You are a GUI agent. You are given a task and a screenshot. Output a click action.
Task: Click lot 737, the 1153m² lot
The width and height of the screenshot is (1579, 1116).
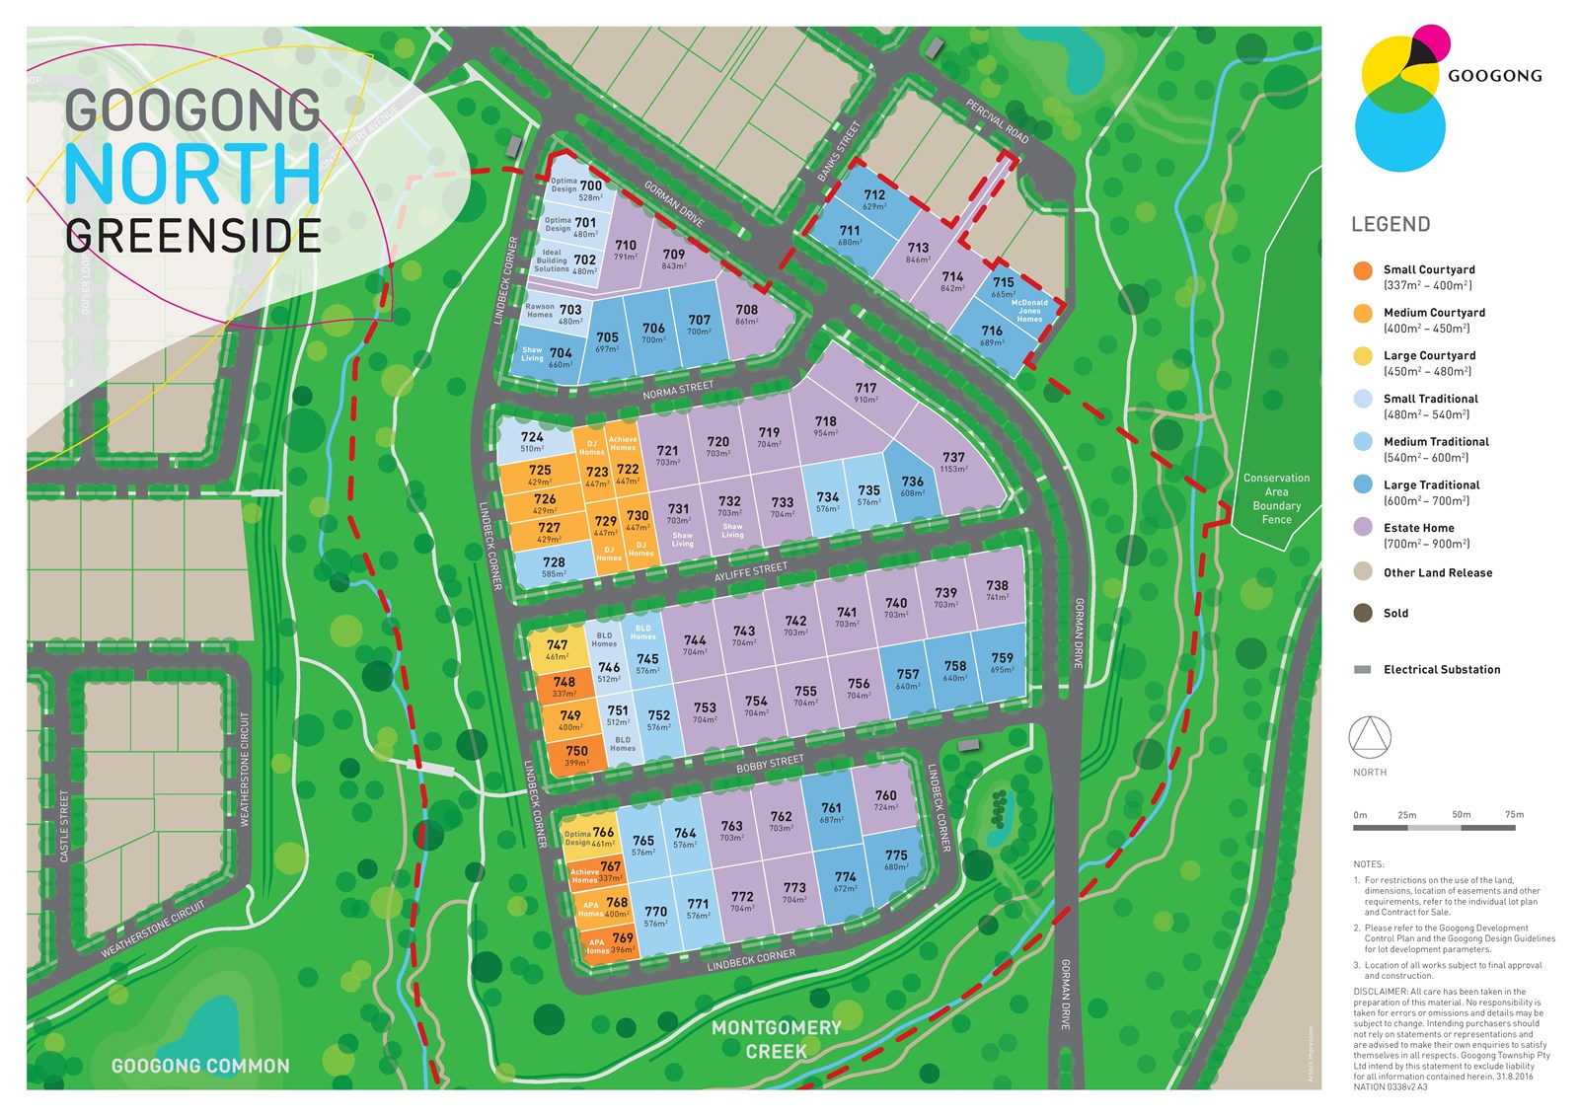tap(953, 462)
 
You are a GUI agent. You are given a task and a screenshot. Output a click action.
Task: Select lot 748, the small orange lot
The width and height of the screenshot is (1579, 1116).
tap(564, 686)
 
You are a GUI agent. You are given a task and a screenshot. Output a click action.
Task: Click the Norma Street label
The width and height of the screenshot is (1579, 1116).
tap(677, 390)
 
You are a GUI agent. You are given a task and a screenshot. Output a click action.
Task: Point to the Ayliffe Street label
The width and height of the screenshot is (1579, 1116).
tap(751, 572)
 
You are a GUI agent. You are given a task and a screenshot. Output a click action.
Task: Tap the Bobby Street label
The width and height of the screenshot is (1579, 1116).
tap(770, 764)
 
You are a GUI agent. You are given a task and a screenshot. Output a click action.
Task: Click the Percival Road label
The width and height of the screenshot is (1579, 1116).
tap(997, 122)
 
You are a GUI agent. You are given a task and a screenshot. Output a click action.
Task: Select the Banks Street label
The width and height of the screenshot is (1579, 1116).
tap(839, 150)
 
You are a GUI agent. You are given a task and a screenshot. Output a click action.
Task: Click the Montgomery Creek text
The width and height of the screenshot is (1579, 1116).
tap(777, 1039)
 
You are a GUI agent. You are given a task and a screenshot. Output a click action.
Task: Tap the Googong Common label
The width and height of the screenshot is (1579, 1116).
tap(200, 1066)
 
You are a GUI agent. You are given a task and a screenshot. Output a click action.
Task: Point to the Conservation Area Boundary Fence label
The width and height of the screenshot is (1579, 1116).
tap(1276, 498)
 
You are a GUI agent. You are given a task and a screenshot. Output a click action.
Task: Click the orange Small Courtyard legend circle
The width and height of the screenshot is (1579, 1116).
tap(1363, 270)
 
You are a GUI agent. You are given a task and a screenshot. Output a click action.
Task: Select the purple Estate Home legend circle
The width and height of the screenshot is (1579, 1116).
tap(1363, 527)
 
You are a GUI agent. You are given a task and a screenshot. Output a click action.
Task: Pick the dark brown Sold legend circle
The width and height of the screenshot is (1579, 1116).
tap(1363, 613)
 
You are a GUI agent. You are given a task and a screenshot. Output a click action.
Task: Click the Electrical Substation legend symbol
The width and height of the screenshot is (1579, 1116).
tap(1363, 669)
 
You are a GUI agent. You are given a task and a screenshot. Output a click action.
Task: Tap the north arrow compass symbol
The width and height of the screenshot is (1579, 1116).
tap(1370, 737)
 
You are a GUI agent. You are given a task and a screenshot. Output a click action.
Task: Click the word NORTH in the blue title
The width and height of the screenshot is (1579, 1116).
tap(192, 175)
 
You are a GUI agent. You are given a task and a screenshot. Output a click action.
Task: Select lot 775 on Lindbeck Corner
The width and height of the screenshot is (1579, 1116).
tap(895, 859)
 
